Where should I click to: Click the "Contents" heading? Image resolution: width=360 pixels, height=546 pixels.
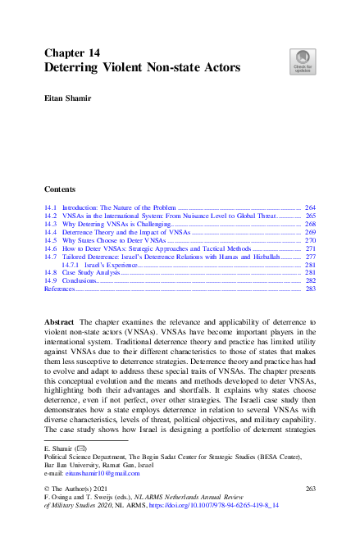[60, 188]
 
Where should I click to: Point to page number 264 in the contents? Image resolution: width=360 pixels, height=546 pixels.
[310, 209]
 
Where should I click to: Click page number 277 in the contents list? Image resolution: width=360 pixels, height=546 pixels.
[310, 257]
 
